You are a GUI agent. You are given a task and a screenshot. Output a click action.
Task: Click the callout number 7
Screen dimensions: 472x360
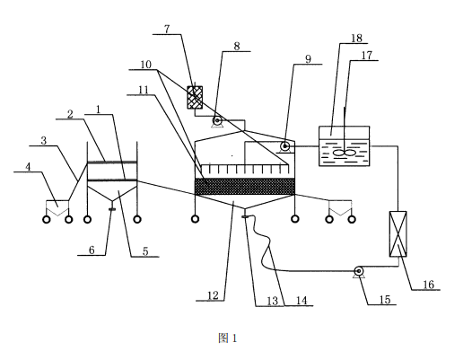click(167, 30)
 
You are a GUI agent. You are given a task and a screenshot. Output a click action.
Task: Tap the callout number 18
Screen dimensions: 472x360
click(356, 39)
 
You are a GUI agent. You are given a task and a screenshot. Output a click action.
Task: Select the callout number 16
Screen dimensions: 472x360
click(429, 285)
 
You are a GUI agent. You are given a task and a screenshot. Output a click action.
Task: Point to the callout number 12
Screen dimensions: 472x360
click(213, 295)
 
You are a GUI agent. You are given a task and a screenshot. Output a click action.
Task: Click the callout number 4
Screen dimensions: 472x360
click(28, 167)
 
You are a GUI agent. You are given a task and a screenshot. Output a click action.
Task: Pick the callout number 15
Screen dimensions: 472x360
click(385, 300)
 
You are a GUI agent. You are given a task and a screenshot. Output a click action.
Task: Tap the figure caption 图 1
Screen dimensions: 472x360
click(228, 338)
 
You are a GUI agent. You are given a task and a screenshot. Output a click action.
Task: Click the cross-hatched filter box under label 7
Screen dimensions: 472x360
click(195, 97)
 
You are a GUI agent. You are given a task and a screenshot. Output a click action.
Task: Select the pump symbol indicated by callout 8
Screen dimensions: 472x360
click(217, 121)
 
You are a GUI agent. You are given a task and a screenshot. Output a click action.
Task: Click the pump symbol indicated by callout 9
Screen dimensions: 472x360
click(284, 146)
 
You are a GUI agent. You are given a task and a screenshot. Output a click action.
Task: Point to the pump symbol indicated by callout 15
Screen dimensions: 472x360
click(358, 271)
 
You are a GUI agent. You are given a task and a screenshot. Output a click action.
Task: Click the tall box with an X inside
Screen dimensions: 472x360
click(398, 233)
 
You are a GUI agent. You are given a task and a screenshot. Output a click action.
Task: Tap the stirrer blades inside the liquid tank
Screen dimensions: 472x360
click(345, 153)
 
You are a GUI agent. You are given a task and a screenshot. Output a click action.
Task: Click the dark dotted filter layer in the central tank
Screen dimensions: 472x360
click(245, 186)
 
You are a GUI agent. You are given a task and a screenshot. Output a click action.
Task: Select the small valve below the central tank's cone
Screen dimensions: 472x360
click(245, 216)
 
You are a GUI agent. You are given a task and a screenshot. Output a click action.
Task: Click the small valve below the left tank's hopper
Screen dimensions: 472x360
click(112, 209)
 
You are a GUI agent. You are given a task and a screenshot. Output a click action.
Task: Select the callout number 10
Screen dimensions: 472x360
click(145, 65)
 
